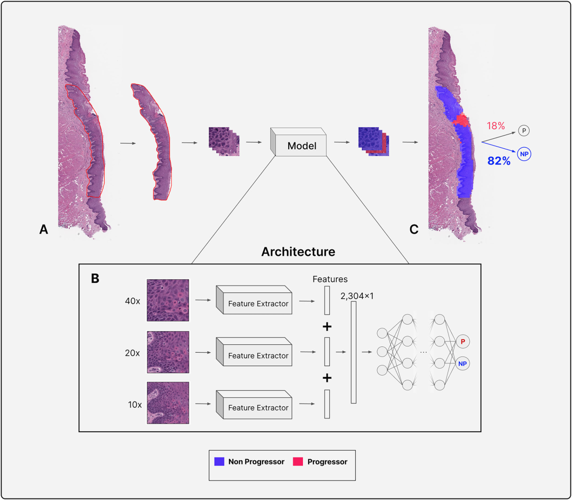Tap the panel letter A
pos(44,229)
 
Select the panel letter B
pos(95,278)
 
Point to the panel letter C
pos(414,229)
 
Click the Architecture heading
pos(298,252)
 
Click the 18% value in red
pos(495,127)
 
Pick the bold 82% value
pos(499,161)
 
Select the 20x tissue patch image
pos(168,352)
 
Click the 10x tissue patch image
pos(168,403)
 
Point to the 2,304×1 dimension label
pos(358,296)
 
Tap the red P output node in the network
pos(462,342)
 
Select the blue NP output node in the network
pos(462,364)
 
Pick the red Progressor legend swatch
pos(298,461)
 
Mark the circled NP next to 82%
pos(524,154)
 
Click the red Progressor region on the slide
pos(461,120)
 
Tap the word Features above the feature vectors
pos(330,279)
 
